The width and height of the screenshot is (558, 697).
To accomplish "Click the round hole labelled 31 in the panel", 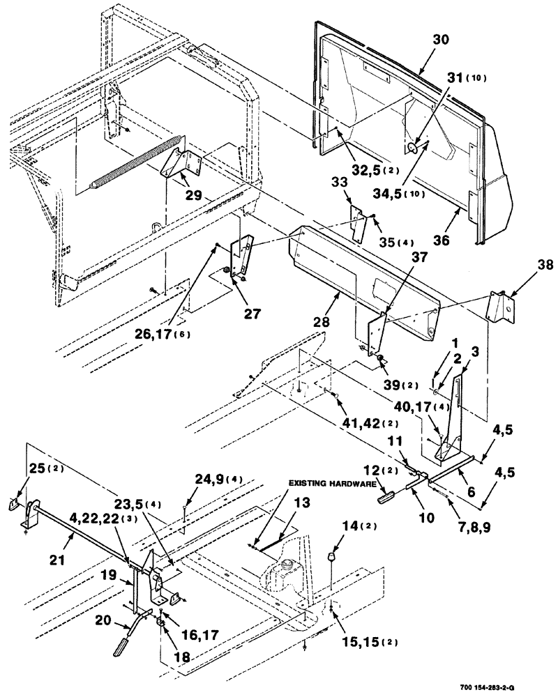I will click(411, 147).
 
